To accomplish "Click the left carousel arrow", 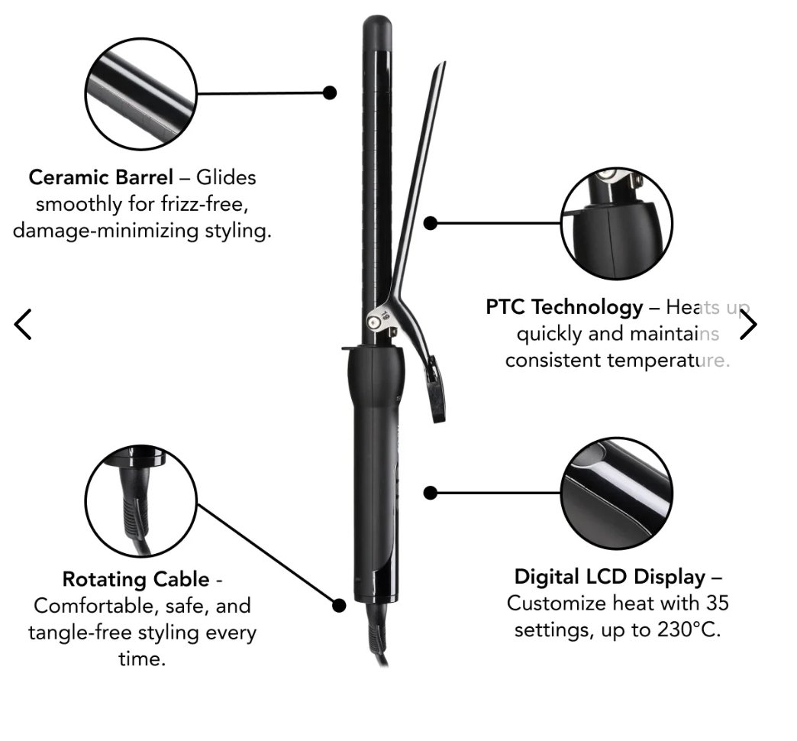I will click(24, 324).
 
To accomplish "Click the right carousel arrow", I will click(749, 325).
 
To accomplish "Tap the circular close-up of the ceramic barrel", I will click(140, 92).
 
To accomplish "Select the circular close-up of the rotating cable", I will click(140, 501).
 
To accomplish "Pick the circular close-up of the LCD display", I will click(617, 493).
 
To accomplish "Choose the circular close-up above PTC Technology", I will click(617, 224).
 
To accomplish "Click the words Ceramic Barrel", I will click(101, 177).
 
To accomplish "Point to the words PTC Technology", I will click(564, 307).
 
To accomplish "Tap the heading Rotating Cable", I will click(135, 579).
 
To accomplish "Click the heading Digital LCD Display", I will click(611, 576).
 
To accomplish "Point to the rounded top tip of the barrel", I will click(377, 23).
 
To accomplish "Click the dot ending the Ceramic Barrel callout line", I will click(330, 92).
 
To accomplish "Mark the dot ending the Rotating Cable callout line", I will click(339, 605).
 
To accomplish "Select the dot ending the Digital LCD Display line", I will click(431, 493).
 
